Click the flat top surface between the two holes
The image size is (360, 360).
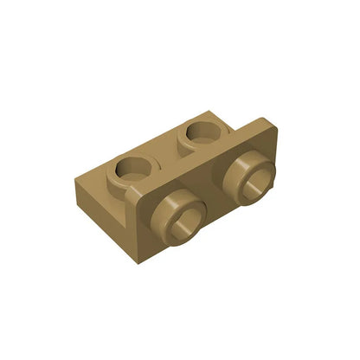coord(167,151)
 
